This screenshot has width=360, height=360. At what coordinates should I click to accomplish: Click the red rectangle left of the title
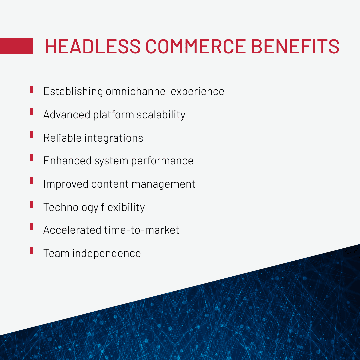[16, 46]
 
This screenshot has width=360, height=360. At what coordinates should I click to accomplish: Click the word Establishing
[73, 91]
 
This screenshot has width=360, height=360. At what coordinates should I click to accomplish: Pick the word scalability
[161, 115]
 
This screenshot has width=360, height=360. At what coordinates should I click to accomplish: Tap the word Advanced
[67, 115]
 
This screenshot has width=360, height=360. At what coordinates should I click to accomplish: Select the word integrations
[115, 138]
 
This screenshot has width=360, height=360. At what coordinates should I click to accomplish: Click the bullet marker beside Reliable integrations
[31, 135]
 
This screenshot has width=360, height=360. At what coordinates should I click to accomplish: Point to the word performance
[162, 161]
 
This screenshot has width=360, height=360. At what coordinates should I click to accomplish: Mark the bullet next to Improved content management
[31, 181]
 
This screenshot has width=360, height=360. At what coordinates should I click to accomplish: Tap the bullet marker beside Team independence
[31, 250]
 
